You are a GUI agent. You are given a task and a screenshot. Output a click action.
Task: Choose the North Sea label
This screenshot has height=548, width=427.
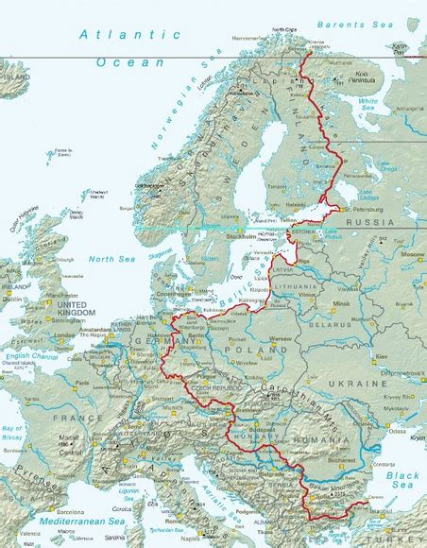[x=111, y=258]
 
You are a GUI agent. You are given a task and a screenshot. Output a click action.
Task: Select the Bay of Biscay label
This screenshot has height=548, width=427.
[x=14, y=435]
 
